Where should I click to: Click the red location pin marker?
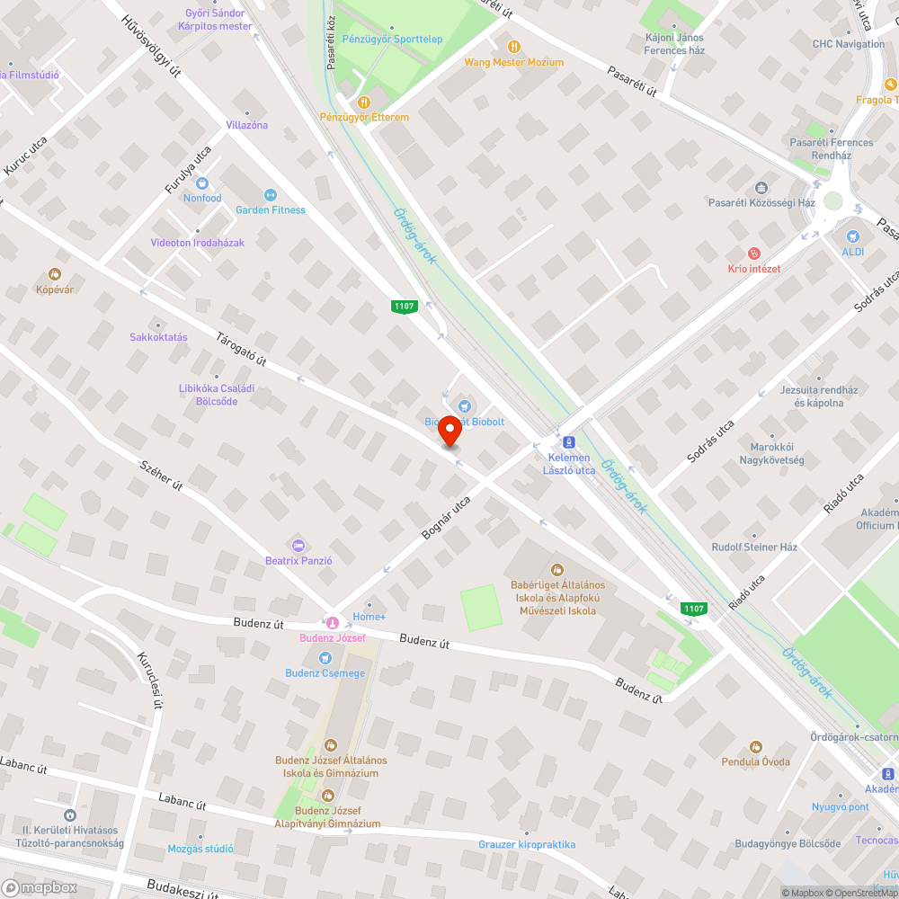coord(449,432)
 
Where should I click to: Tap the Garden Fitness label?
coord(271,210)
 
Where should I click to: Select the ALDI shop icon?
coord(852,236)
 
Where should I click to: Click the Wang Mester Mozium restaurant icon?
coord(513,47)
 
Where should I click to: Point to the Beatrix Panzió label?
coord(299,560)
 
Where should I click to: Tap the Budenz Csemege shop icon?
coord(325,657)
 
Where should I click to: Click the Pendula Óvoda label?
coord(755,761)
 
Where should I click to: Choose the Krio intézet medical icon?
coord(753,254)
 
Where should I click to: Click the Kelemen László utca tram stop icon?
coord(568,442)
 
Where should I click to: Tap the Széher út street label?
coord(162,474)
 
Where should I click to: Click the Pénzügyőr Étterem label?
coord(364,118)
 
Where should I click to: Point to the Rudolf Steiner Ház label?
coord(754,547)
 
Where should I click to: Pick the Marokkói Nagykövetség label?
coord(777,454)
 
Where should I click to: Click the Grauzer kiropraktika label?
coord(527,845)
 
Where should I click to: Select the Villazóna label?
coord(247,125)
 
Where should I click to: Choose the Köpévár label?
coord(55,289)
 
